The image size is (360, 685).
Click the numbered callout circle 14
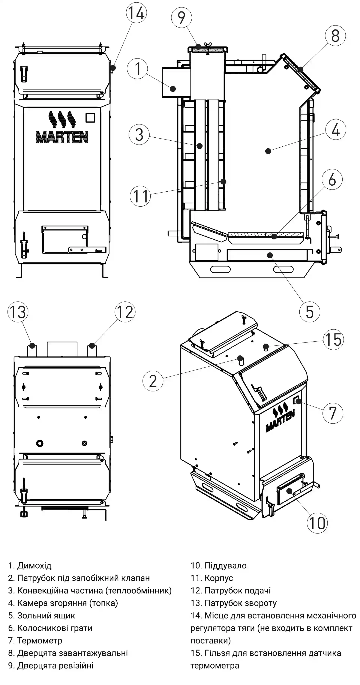pos(136,13)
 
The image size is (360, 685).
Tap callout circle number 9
pos(181,18)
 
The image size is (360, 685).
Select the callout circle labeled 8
pos(335,36)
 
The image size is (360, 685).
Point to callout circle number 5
pos(310,312)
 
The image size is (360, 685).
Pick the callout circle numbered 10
pos(317,523)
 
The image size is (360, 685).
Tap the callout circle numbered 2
pos(153,381)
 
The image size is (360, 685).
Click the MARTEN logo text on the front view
pos(62,137)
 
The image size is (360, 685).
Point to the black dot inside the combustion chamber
pos(268,151)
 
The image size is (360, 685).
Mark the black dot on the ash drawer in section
pos(270,255)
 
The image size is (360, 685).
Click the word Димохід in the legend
pos(34,565)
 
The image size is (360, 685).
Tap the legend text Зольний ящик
pos(46,615)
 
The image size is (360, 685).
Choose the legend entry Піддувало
pos(225,565)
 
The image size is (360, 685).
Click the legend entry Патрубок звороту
pos(240,603)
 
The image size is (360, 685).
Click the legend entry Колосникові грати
pos(55,628)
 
